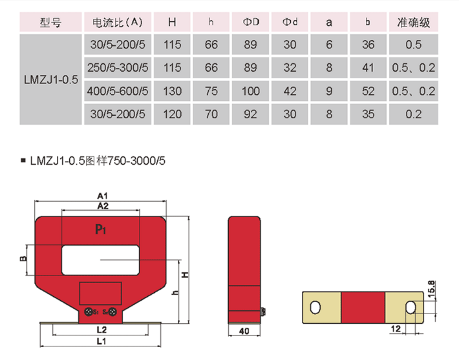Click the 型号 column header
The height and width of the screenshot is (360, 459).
(x=50, y=22)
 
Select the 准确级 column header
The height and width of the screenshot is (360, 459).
(x=413, y=22)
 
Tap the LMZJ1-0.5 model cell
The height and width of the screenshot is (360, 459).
(x=51, y=79)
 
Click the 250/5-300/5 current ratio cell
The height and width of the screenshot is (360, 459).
(x=118, y=68)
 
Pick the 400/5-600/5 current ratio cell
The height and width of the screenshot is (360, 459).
(x=118, y=91)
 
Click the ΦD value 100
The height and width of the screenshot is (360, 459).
(x=251, y=91)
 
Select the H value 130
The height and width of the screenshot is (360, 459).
(x=172, y=91)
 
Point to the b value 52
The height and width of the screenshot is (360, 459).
(x=368, y=91)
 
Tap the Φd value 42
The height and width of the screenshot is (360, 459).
(x=290, y=91)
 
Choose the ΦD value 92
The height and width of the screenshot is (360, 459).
(x=250, y=114)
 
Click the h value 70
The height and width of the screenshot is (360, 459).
(x=211, y=114)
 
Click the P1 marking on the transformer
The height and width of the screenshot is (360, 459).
(x=100, y=229)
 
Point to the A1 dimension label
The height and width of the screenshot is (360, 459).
(x=103, y=196)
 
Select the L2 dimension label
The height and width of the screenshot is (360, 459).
(x=101, y=330)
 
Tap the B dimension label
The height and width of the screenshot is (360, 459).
(x=23, y=259)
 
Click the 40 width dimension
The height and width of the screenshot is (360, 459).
(x=244, y=331)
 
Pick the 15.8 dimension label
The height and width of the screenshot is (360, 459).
(x=431, y=289)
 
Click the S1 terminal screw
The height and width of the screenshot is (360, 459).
(x=89, y=312)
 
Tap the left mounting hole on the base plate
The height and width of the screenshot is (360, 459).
(x=315, y=307)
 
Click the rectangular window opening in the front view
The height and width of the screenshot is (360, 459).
(x=100, y=260)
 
